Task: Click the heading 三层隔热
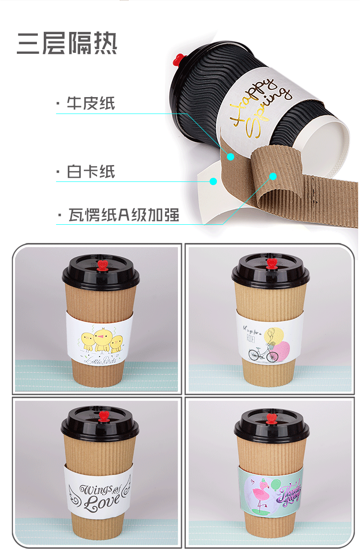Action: [67, 44]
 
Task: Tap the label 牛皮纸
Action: [91, 103]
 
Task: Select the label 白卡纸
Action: [91, 172]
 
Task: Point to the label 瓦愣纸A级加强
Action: [123, 214]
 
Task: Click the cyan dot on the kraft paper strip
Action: [231, 156]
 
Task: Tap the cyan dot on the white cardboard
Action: [213, 181]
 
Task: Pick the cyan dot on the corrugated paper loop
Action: [273, 176]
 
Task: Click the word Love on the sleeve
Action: [101, 502]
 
